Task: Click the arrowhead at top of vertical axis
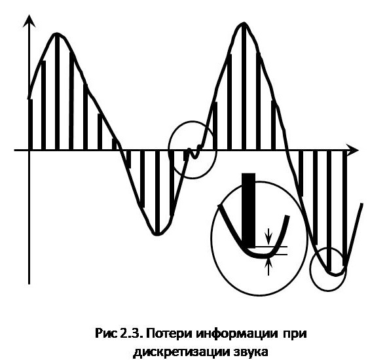click(29, 21)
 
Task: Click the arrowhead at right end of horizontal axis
click(352, 149)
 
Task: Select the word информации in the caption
click(236, 334)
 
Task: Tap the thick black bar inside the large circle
click(249, 210)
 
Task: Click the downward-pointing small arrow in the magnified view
click(268, 236)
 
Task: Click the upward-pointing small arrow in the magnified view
click(268, 266)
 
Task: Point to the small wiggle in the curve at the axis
click(195, 153)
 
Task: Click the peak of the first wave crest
click(57, 33)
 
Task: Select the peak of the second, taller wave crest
click(244, 23)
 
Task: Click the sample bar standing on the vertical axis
click(31, 124)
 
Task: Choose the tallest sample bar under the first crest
click(57, 92)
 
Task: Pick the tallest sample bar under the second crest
click(244, 86)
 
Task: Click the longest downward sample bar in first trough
click(157, 192)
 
